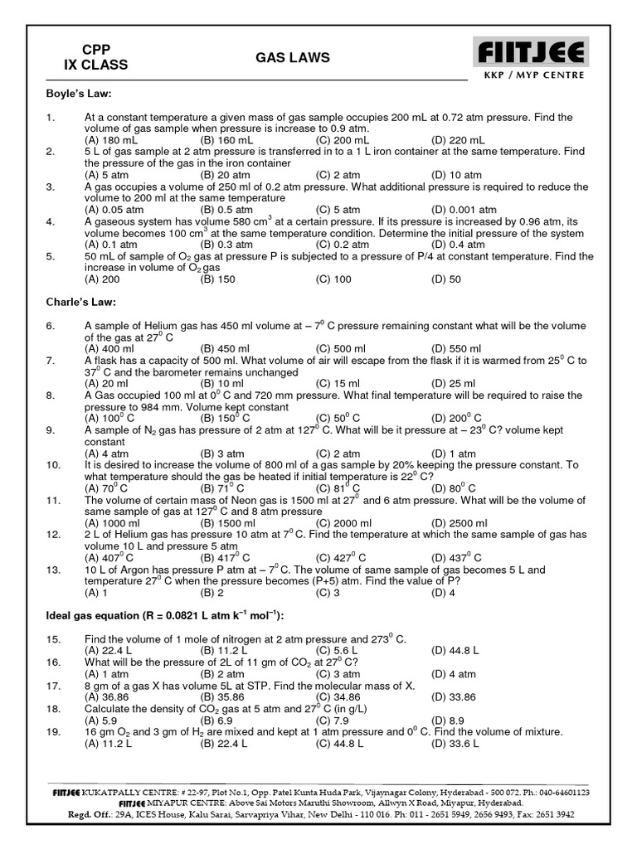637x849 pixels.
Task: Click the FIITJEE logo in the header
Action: coord(531,54)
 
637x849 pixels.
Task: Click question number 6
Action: coord(51,326)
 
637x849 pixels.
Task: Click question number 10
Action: coord(53,465)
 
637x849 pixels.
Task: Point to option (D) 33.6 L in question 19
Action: coord(455,744)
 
